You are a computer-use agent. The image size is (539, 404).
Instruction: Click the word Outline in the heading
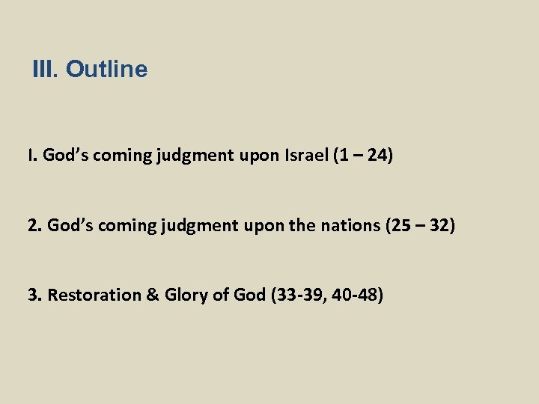click(x=106, y=70)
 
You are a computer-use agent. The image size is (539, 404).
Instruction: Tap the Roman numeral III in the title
click(x=44, y=70)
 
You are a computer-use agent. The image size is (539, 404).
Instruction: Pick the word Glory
click(x=186, y=295)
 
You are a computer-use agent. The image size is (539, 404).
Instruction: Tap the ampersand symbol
click(x=152, y=295)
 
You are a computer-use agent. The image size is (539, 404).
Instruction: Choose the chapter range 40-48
click(x=355, y=295)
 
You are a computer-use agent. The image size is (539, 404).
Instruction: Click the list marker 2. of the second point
click(x=34, y=225)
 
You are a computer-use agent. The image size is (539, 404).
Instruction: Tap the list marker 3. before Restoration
click(x=34, y=295)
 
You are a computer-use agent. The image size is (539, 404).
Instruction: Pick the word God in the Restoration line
click(x=249, y=295)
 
